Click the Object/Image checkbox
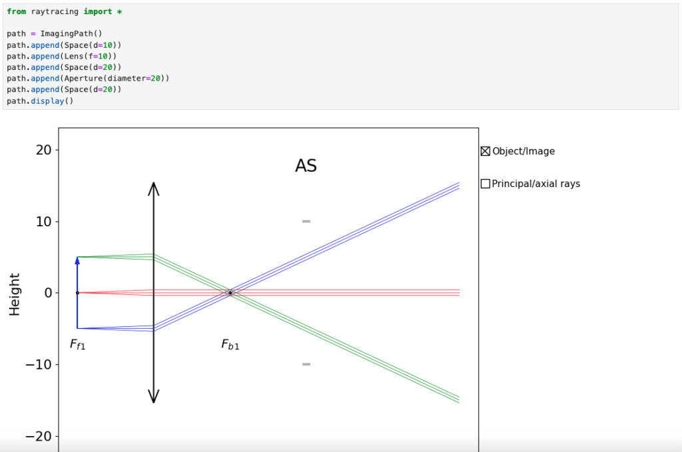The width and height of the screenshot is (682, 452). (x=486, y=151)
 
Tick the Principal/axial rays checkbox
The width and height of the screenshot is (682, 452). (x=486, y=184)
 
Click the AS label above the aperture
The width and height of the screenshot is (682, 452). (x=306, y=166)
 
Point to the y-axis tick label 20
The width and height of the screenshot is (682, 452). (x=43, y=150)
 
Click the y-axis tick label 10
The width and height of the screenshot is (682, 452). (x=43, y=222)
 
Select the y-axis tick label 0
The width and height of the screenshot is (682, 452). (x=48, y=293)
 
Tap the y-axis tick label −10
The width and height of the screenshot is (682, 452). (x=39, y=364)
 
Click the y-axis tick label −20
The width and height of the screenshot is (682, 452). (x=39, y=436)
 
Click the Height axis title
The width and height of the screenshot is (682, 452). (x=15, y=294)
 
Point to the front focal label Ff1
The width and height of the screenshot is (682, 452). (x=77, y=345)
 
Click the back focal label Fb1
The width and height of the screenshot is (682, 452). (x=230, y=345)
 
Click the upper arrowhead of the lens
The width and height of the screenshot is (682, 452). (x=154, y=188)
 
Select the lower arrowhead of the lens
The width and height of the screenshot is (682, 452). (x=154, y=396)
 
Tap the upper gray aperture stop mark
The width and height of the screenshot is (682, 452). (x=306, y=221)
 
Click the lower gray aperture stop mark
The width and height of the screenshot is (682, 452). (x=306, y=364)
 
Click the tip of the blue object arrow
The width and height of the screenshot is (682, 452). (x=77, y=258)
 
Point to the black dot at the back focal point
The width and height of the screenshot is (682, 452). (x=230, y=293)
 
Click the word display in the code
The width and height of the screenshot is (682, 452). (x=47, y=101)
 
